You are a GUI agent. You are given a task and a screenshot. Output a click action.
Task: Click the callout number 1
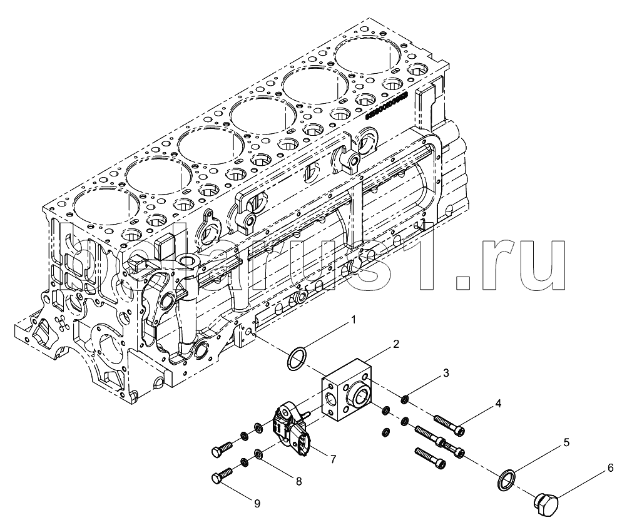353,320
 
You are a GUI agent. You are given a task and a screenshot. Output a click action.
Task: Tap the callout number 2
395,344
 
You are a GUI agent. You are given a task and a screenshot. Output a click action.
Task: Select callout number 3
446,373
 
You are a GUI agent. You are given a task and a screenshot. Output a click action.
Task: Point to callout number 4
498,404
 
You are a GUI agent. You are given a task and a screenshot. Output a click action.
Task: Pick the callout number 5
566,442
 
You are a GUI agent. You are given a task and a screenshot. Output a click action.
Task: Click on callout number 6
610,467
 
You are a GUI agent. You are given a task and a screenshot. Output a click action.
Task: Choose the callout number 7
333,459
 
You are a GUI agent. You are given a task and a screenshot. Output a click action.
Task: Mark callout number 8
298,481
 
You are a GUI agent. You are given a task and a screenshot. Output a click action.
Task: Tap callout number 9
257,503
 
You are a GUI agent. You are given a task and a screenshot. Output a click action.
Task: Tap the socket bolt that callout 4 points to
450,425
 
